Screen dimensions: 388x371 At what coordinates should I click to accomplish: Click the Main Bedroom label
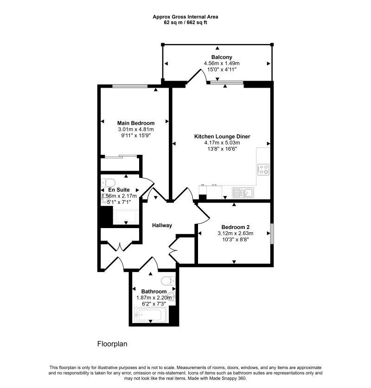pyautogui.click(x=135, y=122)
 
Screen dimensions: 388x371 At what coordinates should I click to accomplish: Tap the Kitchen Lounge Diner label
pyautogui.click(x=222, y=136)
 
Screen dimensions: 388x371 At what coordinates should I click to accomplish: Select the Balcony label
pyautogui.click(x=222, y=57)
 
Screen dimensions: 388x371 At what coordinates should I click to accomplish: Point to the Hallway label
pyautogui.click(x=162, y=225)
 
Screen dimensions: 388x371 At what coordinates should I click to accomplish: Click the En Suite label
pyautogui.click(x=119, y=190)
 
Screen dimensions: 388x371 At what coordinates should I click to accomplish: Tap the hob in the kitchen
pyautogui.click(x=263, y=170)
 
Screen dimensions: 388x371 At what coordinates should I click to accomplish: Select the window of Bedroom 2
pyautogui.click(x=271, y=234)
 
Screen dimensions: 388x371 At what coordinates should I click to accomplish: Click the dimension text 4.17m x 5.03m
pyautogui.click(x=222, y=143)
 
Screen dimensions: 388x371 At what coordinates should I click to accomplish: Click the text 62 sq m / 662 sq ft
pyautogui.click(x=185, y=22)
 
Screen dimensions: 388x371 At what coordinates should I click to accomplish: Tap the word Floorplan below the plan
pyautogui.click(x=112, y=344)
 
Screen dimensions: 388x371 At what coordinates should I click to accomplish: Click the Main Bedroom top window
pyautogui.click(x=129, y=86)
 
